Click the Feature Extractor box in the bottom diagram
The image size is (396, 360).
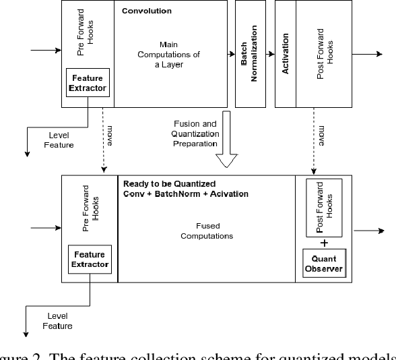pos(90,260)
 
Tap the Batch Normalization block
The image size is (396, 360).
pos(249,53)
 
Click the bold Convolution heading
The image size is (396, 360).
pos(147,11)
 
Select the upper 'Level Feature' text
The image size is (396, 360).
pos(58,140)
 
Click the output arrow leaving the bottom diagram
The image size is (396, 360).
pos(370,230)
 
